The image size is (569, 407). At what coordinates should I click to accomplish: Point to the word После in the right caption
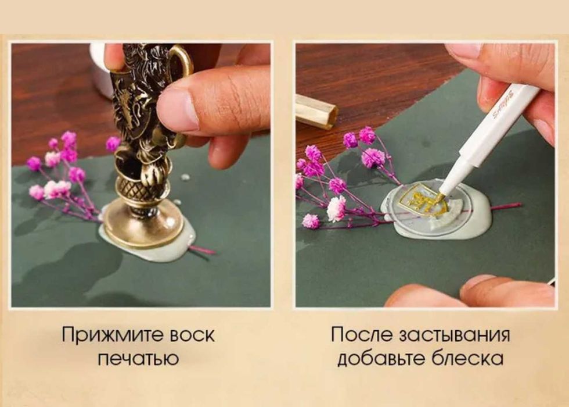pos(362,335)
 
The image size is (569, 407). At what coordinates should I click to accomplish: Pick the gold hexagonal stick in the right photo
pos(316,110)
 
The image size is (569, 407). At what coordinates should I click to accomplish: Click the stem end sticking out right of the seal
pos(508,206)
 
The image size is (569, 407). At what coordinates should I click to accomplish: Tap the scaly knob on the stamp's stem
pos(136,187)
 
